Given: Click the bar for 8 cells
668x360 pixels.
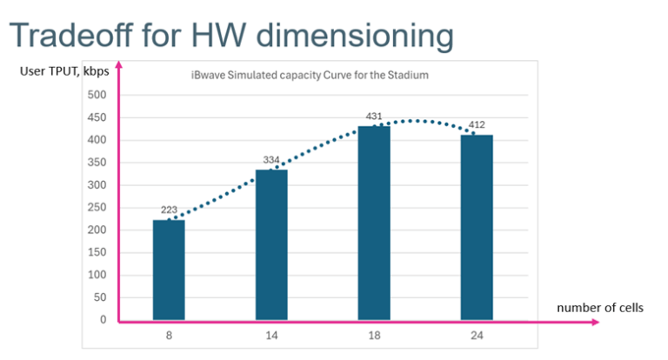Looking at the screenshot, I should [x=169, y=270].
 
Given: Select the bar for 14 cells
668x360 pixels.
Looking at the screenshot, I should [x=271, y=244].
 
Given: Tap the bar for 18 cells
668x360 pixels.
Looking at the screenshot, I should [x=374, y=223].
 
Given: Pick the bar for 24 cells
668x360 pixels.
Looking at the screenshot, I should [x=477, y=227].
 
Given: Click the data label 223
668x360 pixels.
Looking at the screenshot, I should [x=169, y=211].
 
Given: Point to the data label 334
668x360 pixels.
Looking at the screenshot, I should [x=271, y=160].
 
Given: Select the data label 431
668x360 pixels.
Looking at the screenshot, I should [x=374, y=117].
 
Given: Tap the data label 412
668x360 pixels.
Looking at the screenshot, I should [x=477, y=125].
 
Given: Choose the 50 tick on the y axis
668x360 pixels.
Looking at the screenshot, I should [x=99, y=297].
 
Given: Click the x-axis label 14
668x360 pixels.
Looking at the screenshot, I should [x=271, y=334].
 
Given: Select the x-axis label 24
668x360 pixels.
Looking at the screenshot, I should [x=477, y=334].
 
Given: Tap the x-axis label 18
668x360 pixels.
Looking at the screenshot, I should [x=374, y=334].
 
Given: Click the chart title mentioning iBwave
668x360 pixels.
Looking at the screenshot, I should [x=310, y=76].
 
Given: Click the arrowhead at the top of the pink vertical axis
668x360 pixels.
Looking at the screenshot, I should [x=118, y=63].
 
